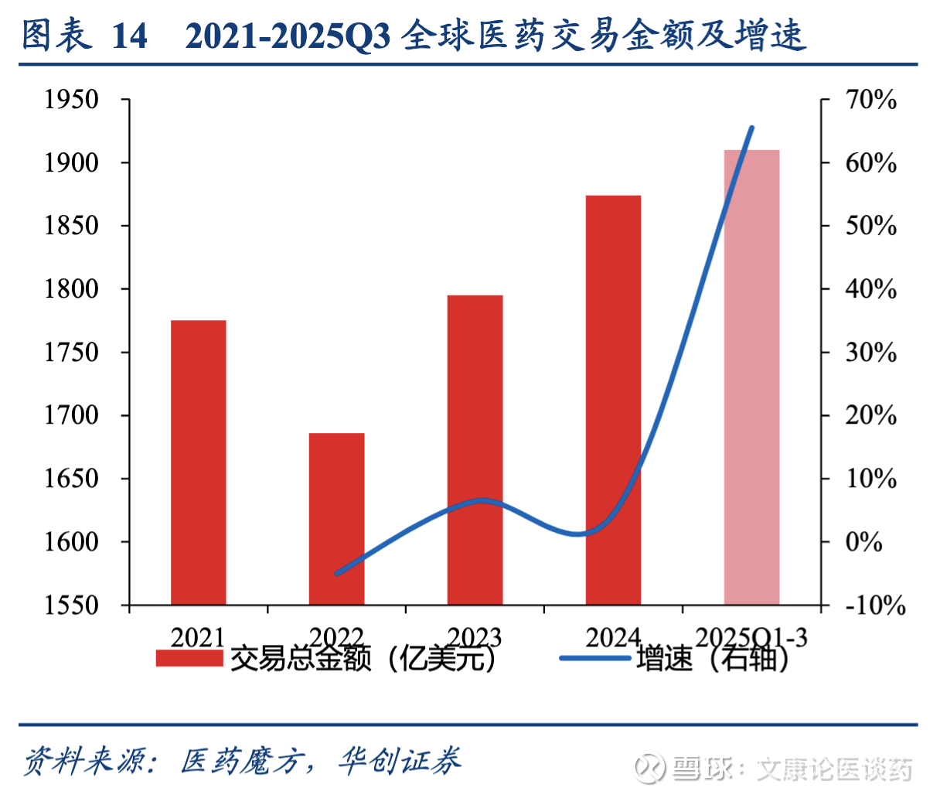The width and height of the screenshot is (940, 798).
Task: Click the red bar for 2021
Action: click(x=198, y=462)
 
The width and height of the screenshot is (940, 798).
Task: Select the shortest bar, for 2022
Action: click(x=336, y=518)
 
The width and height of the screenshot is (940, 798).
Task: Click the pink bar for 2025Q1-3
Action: click(x=751, y=377)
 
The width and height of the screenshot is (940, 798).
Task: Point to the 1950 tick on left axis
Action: click(x=71, y=100)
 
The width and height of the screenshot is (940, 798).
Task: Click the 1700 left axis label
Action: click(x=71, y=415)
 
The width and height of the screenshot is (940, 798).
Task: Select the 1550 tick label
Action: click(x=71, y=605)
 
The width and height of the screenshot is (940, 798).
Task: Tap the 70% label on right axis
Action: click(x=871, y=100)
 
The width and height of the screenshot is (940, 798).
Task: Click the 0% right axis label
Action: click(x=864, y=541)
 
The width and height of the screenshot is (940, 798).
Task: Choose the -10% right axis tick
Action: click(x=875, y=605)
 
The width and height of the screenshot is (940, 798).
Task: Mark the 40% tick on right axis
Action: click(x=871, y=289)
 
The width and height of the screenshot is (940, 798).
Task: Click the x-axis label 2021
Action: click(x=198, y=637)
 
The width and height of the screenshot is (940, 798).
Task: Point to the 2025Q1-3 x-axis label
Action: click(x=751, y=637)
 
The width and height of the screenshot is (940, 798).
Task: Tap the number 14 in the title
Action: click(x=129, y=36)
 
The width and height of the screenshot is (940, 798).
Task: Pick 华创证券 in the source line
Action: click(x=399, y=762)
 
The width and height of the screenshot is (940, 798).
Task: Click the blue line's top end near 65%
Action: click(x=751, y=128)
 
